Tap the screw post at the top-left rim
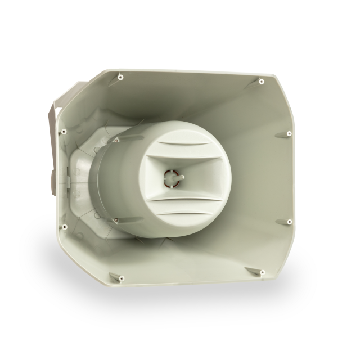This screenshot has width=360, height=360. click(120, 76)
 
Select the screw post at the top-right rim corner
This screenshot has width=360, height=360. click(262, 82)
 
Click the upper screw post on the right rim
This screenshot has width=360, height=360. click(289, 134)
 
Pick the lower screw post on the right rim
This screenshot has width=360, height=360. click(289, 221)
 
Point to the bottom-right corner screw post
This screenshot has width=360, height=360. click(262, 272)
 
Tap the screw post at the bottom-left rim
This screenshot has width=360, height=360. click(120, 277)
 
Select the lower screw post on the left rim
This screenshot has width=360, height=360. click(65, 227)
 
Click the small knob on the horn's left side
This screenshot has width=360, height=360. click(52, 179)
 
